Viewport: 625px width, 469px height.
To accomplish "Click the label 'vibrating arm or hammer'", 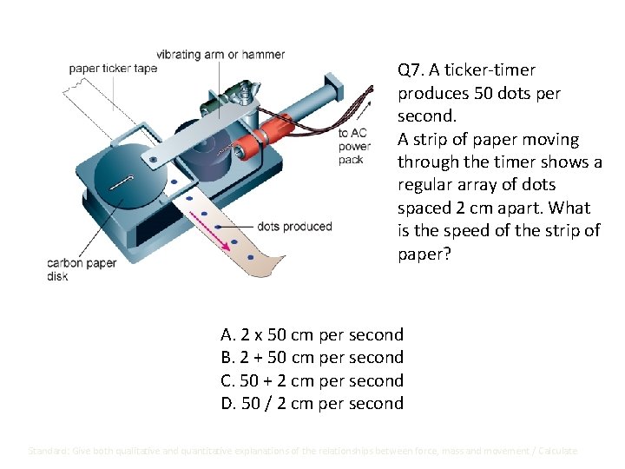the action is point(220,55).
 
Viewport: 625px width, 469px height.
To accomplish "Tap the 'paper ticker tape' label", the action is point(113,69).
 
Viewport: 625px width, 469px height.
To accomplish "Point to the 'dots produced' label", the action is point(294,227).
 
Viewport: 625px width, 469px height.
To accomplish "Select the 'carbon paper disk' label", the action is point(81,269).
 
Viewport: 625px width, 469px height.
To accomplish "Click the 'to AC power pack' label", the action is point(353,146).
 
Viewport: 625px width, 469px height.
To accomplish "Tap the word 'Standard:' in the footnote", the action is point(50,451).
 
